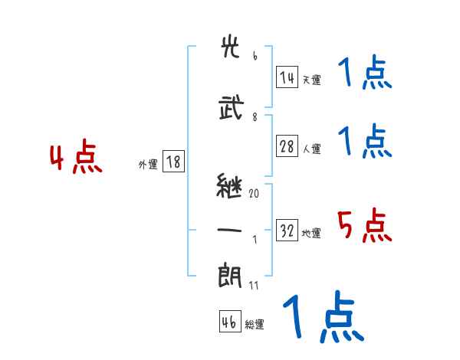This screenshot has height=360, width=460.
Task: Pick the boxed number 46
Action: pos(229,322)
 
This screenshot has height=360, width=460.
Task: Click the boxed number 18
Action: pos(173,162)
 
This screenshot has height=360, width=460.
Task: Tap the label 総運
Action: pos(255,325)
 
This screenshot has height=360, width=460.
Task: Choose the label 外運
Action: pos(148,164)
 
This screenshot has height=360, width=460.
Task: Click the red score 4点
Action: pos(75,159)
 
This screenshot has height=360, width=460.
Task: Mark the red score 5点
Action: pos(365,226)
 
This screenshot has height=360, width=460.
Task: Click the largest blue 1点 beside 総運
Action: pos(322,316)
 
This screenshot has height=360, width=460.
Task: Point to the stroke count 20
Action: pos(254,194)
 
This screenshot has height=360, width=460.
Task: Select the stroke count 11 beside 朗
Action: pos(255,285)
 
